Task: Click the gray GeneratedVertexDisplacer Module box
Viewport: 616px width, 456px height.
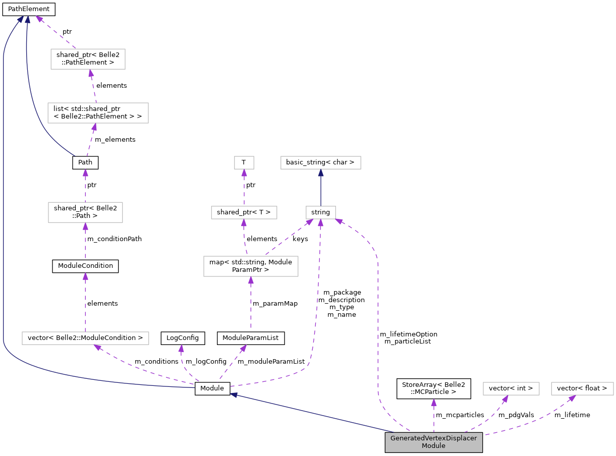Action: pos(433,442)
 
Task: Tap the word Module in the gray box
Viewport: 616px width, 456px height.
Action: pos(433,446)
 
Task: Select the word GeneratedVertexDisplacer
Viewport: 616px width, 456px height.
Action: pos(433,438)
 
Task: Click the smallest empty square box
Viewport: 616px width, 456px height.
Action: pos(244,162)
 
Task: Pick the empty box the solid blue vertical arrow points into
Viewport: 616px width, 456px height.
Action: pos(320,162)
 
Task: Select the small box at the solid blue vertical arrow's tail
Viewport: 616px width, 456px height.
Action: pos(320,212)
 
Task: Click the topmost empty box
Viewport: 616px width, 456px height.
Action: pos(88,59)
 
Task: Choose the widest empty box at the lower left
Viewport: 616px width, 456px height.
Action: pos(85,338)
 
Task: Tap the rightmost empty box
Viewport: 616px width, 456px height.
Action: pos(582,388)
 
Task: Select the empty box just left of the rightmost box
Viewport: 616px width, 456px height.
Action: pos(511,388)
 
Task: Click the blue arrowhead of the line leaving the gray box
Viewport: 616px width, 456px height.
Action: pos(234,395)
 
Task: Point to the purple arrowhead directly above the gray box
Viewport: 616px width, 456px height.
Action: pos(433,403)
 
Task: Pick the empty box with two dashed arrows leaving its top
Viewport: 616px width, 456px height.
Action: pos(251,266)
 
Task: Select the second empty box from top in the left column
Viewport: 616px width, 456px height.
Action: pos(98,113)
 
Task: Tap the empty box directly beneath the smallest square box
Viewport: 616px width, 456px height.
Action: pos(244,212)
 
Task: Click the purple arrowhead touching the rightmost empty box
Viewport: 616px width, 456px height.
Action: pos(572,398)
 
